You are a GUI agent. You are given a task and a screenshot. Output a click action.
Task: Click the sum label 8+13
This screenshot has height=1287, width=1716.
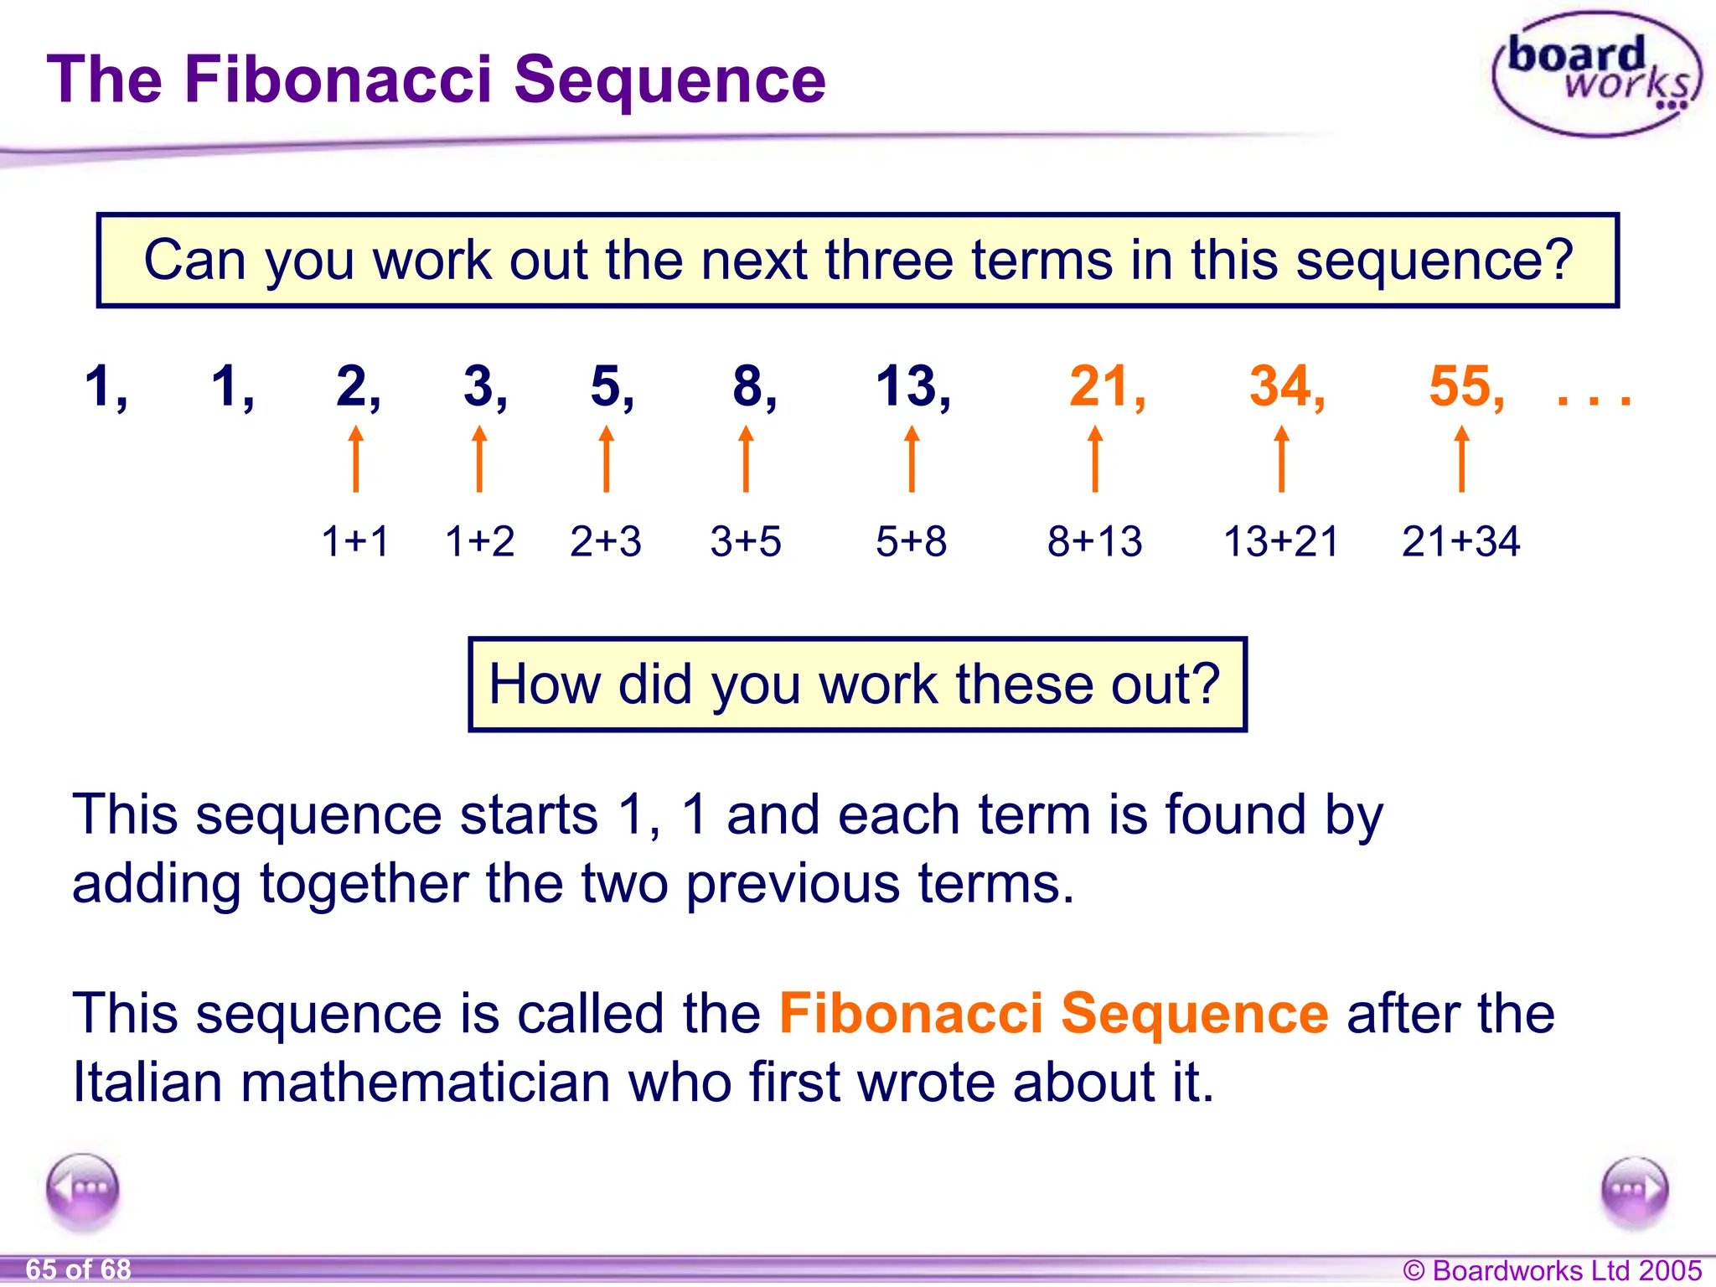coord(1094,541)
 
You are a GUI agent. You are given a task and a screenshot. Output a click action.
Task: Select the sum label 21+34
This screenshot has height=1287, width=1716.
coord(1460,541)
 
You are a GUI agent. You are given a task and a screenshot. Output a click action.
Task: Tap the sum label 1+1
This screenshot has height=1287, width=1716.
coord(355,541)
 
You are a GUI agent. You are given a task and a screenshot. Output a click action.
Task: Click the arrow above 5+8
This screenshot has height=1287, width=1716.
coord(912,458)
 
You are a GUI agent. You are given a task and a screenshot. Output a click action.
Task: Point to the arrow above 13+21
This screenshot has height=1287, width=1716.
coord(1281,458)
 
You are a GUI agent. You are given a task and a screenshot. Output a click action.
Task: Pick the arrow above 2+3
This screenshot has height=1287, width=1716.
coord(607,458)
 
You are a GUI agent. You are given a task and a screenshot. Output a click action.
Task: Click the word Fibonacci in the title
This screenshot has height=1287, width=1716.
coord(338,80)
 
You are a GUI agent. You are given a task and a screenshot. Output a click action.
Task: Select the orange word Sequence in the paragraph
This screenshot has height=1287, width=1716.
coord(1194,1013)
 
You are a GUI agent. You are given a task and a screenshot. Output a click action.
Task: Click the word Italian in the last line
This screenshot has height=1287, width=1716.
coord(147,1082)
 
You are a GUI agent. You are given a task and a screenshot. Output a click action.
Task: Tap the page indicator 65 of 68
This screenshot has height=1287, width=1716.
coord(79,1269)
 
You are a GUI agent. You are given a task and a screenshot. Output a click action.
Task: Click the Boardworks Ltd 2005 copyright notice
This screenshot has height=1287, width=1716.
coord(1552,1270)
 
